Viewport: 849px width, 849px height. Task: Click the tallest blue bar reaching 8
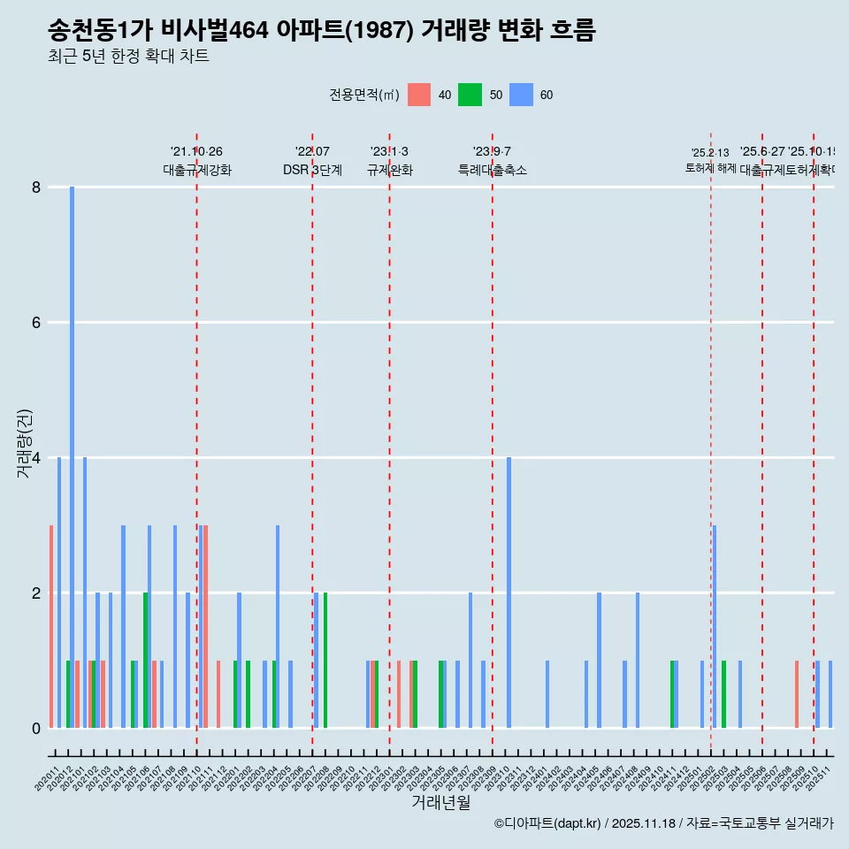pos(72,457)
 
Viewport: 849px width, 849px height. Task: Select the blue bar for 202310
pos(509,593)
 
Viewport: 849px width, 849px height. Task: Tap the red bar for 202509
pos(797,694)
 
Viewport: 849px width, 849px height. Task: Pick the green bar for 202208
pos(325,661)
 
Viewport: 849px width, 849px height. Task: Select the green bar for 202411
pos(672,694)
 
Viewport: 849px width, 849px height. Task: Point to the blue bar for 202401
pos(547,694)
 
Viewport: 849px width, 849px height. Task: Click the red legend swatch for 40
pos(419,95)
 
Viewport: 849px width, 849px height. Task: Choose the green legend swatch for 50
pos(470,95)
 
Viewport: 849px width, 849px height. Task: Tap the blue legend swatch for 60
pos(521,95)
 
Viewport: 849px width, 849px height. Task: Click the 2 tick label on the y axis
pos(36,593)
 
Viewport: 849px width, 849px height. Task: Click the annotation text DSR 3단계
pos(312,170)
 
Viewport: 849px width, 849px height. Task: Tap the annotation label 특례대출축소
pos(492,170)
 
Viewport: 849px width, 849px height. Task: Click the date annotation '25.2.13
pos(710,153)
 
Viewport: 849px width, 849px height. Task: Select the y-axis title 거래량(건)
pos(24,442)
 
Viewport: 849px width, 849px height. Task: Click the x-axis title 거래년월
pos(440,802)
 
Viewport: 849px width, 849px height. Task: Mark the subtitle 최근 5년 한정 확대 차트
pos(128,57)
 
